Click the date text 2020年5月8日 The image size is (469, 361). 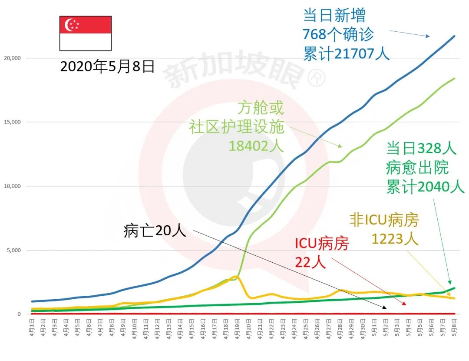point(107,66)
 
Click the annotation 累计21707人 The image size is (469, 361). point(346,53)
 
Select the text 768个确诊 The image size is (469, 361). point(338,34)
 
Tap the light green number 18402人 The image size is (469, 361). point(256,146)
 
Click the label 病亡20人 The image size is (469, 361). point(155,231)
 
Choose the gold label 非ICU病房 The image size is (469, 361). point(384,221)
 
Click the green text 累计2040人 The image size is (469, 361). point(425,187)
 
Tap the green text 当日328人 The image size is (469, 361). point(421,148)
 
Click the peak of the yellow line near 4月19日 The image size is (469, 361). point(236,277)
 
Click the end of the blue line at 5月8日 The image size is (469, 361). point(454,36)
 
